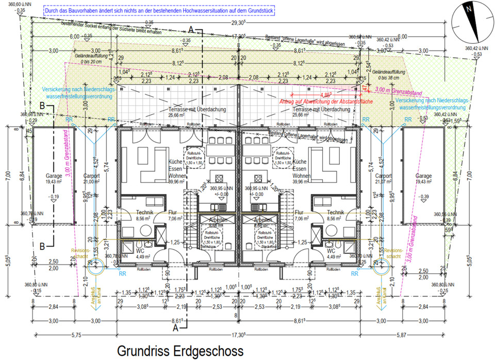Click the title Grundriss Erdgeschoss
(x=180, y=351)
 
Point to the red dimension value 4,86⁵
(x=326, y=95)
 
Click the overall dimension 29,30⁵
(x=238, y=23)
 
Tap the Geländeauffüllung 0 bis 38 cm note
(x=392, y=74)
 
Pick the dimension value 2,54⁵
(x=369, y=66)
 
